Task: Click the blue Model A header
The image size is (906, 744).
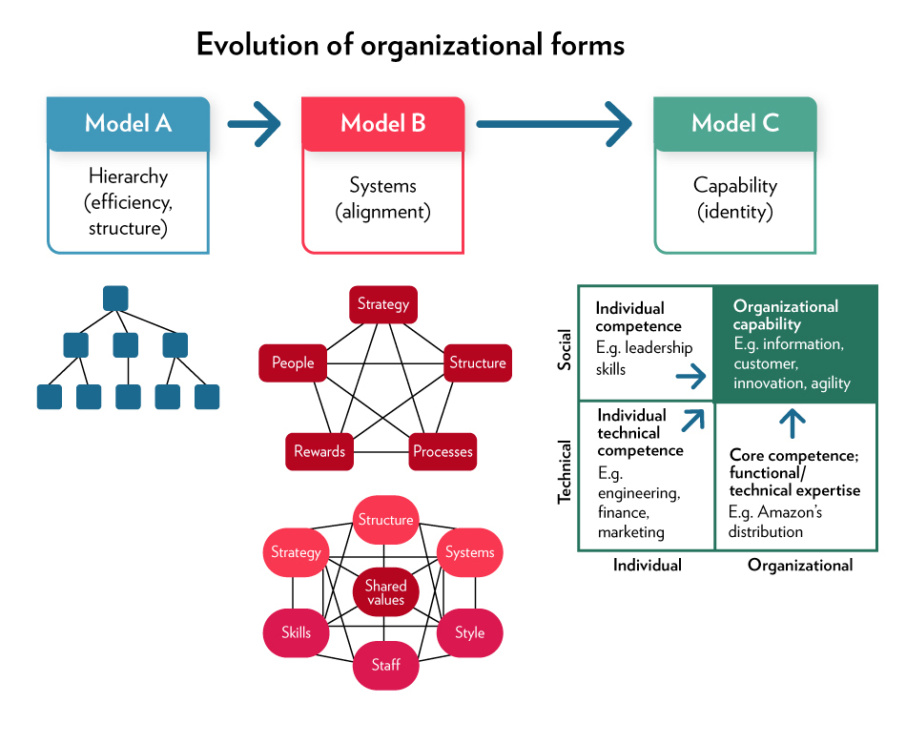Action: click(128, 123)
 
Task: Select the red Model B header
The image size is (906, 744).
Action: click(382, 123)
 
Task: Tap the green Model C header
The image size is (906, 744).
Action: click(734, 123)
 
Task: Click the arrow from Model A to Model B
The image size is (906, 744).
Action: click(255, 123)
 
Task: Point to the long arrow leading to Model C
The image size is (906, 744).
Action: click(554, 123)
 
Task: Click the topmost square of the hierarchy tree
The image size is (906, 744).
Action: click(115, 299)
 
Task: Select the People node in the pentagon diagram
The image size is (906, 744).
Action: click(292, 363)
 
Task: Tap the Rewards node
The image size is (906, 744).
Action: click(319, 451)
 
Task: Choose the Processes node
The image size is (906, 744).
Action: click(443, 451)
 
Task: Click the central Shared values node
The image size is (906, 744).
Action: click(385, 592)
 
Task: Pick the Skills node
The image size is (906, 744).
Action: click(296, 632)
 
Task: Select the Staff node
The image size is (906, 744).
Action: click(385, 665)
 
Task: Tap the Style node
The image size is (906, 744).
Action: click(469, 632)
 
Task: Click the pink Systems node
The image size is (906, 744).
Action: click(469, 552)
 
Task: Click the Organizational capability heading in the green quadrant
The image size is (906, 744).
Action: click(785, 316)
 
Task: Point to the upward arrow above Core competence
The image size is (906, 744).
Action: click(793, 421)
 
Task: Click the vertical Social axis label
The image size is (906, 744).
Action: click(565, 349)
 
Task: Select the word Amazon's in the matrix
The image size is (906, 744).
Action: click(790, 512)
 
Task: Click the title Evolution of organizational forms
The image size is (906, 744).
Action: click(410, 45)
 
